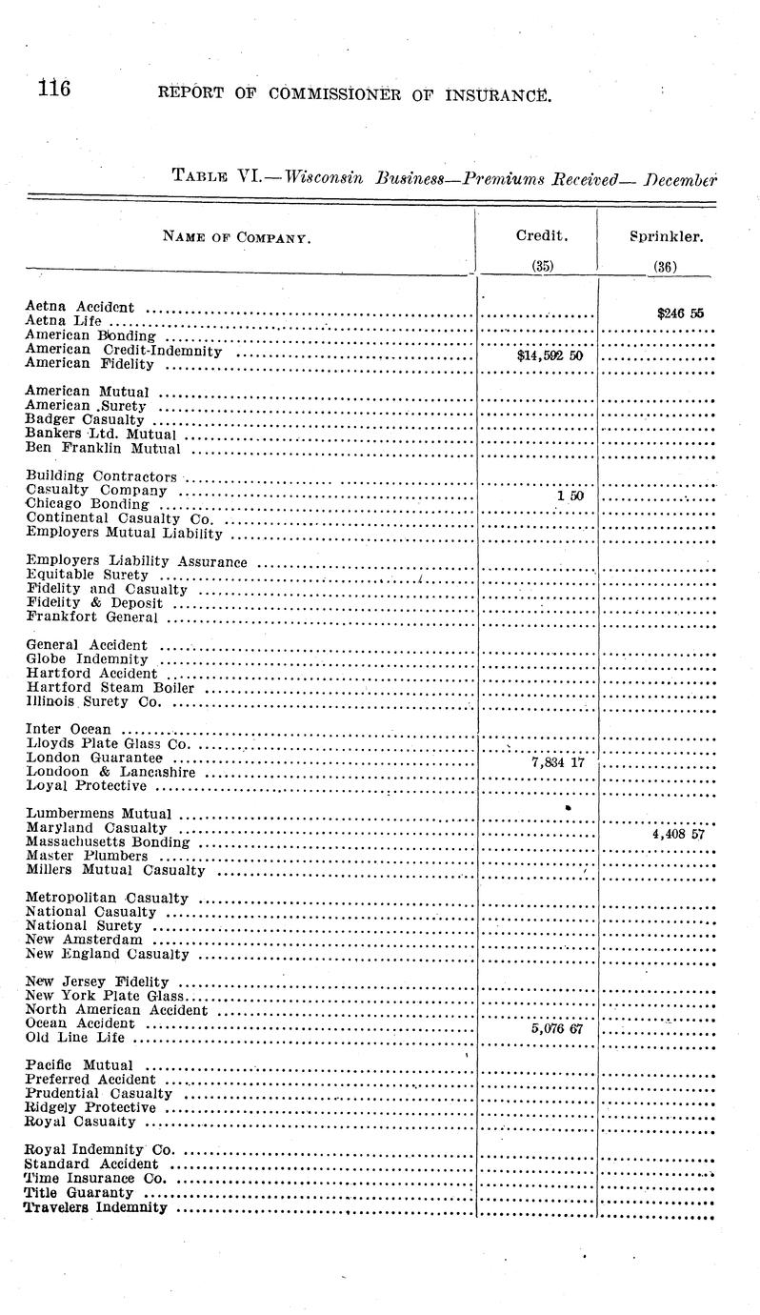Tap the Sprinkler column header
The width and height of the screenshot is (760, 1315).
(666, 235)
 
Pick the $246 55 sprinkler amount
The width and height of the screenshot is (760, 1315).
(680, 312)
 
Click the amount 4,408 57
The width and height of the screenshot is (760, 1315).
(678, 835)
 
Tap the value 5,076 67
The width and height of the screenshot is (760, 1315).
(556, 1029)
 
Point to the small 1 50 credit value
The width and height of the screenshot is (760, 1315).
(570, 496)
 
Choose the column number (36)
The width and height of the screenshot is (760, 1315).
(665, 268)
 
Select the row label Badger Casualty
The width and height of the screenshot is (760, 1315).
(86, 419)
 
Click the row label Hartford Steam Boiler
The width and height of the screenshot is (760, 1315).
(110, 688)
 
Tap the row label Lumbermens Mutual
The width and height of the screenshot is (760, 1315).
(100, 814)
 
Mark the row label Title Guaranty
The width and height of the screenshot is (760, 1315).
(79, 1193)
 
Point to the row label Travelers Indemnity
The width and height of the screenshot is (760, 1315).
(96, 1207)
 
